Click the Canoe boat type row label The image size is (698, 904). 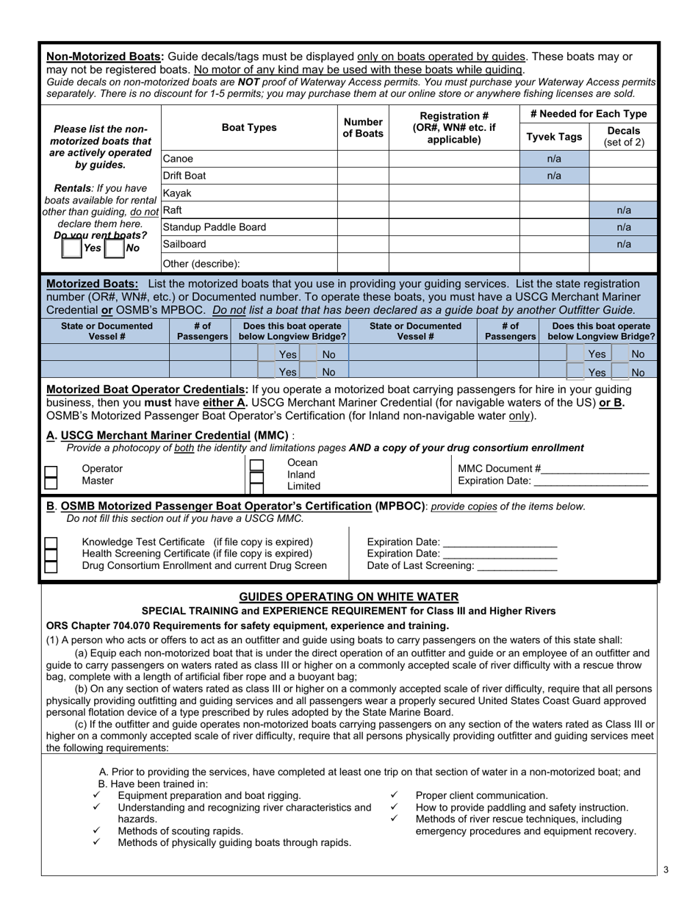(x=177, y=159)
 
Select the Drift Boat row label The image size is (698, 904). (x=184, y=176)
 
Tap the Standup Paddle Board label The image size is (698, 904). (x=214, y=227)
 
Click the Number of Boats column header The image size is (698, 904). (x=363, y=128)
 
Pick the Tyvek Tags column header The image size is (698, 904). (x=555, y=137)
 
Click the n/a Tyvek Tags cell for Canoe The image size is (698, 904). (x=554, y=159)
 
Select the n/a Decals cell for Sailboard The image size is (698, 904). (x=624, y=244)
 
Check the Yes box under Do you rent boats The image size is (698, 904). (x=72, y=248)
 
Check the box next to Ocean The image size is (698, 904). (x=256, y=465)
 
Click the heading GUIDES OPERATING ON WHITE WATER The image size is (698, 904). (x=349, y=597)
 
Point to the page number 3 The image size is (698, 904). (x=666, y=870)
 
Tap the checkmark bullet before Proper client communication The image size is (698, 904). (x=394, y=795)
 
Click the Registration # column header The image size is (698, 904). (x=453, y=127)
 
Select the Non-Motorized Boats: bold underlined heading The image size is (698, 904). (x=105, y=57)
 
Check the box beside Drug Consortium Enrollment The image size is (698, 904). (x=51, y=567)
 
